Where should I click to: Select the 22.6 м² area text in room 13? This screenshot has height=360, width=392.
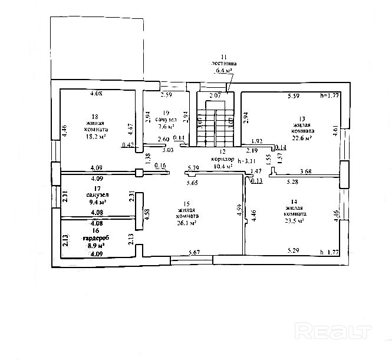(302, 138)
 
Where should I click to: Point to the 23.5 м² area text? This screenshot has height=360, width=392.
(294, 221)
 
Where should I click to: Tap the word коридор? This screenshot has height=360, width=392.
(220, 160)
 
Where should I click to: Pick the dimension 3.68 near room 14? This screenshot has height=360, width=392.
(306, 172)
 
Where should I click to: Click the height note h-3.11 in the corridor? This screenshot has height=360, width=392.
(244, 160)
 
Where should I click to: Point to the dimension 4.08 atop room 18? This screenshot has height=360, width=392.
(95, 93)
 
